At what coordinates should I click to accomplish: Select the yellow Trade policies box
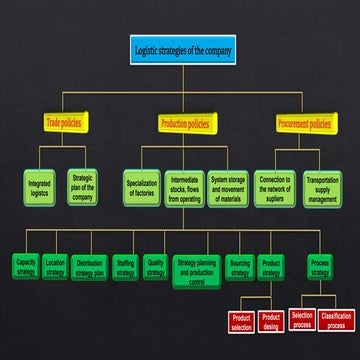pyautogui.click(x=64, y=123)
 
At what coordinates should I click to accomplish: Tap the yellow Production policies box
pyautogui.click(x=185, y=123)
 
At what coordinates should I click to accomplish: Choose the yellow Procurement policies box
pyautogui.click(x=304, y=124)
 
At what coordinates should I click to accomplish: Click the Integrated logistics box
pyautogui.click(x=40, y=187)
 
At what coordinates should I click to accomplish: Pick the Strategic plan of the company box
pyautogui.click(x=83, y=187)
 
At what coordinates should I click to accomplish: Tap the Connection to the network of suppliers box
pyautogui.click(x=274, y=187)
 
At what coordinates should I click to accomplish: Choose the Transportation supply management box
pyautogui.click(x=321, y=187)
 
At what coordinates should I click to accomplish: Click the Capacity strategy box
pyautogui.click(x=26, y=267)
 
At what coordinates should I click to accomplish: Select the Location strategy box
pyautogui.click(x=55, y=267)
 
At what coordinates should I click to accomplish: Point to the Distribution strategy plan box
pyautogui.click(x=90, y=267)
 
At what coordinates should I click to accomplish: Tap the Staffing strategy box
pyautogui.click(x=125, y=267)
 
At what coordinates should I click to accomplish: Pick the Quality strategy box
pyautogui.click(x=155, y=267)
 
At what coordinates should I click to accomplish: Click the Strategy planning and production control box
pyautogui.click(x=196, y=270)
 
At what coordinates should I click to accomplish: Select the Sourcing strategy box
pyautogui.click(x=239, y=267)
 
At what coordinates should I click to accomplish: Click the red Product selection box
pyautogui.click(x=241, y=322)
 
